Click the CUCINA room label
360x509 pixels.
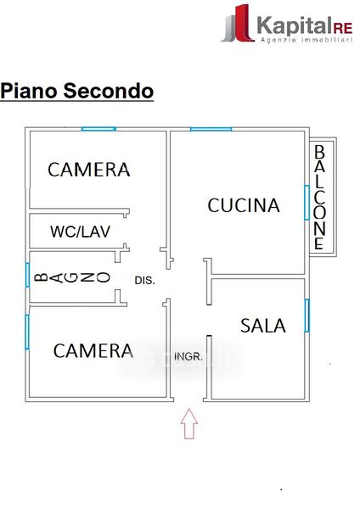click(244, 205)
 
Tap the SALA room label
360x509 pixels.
click(263, 326)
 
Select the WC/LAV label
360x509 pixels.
click(80, 232)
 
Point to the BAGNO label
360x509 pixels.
click(72, 277)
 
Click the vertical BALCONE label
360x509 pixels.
click(319, 197)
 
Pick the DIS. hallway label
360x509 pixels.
click(145, 280)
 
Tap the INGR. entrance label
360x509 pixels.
click(188, 357)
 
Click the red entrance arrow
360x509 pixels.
click(189, 423)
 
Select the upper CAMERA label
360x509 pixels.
click(88, 170)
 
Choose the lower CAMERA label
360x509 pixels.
click(93, 351)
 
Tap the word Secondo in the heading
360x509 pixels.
click(108, 91)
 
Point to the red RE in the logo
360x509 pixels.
click(343, 29)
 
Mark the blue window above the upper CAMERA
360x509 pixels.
click(98, 129)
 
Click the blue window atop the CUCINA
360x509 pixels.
click(211, 129)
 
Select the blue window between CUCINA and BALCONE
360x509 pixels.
click(307, 202)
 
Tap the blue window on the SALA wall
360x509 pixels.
click(307, 316)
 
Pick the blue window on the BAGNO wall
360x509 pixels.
click(28, 275)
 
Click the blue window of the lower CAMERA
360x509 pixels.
click(27, 332)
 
